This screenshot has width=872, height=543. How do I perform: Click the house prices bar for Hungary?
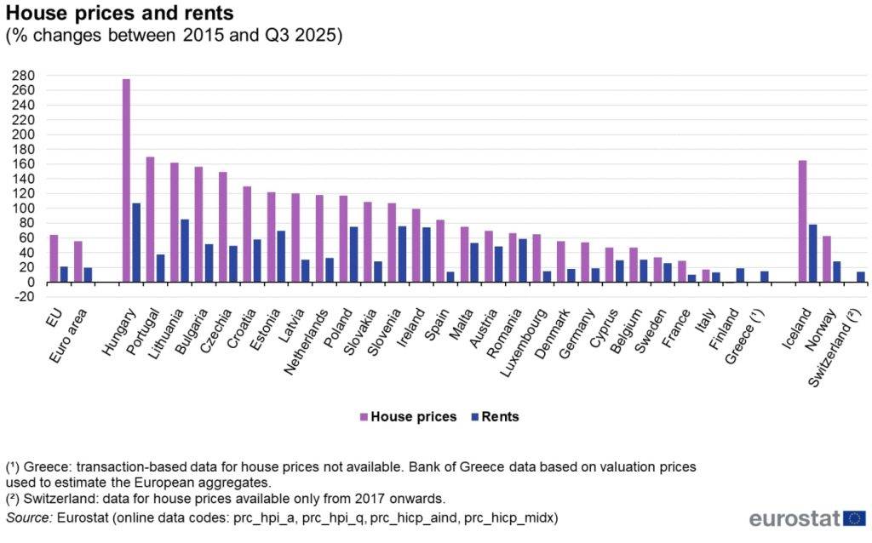[126, 180]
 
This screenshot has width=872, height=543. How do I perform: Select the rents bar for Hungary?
[136, 243]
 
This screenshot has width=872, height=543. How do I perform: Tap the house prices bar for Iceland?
[802, 221]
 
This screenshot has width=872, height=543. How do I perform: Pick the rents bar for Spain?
[450, 277]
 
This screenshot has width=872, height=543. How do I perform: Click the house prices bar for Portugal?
[150, 220]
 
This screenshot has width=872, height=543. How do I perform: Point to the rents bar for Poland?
[353, 254]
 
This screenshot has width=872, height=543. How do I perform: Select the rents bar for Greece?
[765, 277]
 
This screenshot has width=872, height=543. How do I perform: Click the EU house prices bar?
[54, 259]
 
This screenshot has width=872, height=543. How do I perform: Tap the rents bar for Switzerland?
[861, 277]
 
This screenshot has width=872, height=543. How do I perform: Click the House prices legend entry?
[408, 417]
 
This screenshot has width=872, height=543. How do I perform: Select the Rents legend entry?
[495, 417]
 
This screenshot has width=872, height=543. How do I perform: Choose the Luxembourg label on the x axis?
[524, 342]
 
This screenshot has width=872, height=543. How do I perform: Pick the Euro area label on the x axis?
[69, 335]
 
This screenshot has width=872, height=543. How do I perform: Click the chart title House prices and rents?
[119, 12]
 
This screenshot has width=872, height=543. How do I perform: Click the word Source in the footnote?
[29, 518]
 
